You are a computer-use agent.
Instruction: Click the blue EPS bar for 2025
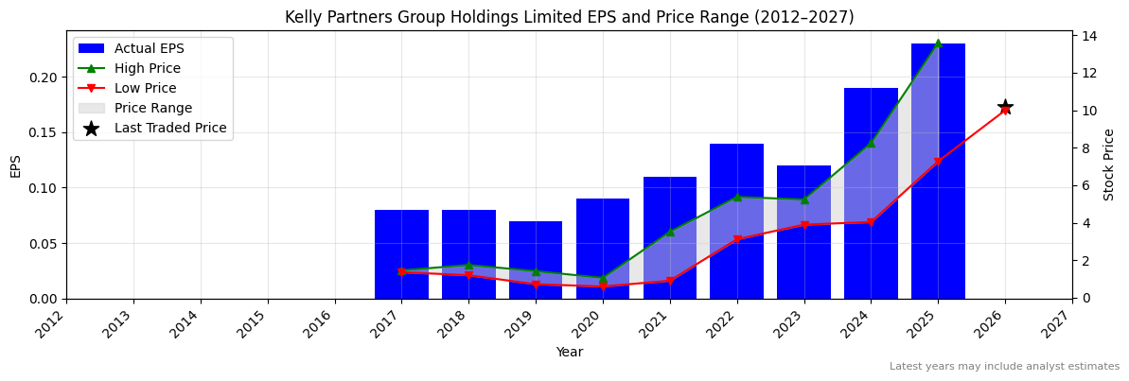(938, 171)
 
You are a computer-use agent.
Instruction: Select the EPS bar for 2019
(536, 260)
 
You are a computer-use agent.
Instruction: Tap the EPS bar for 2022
(736, 221)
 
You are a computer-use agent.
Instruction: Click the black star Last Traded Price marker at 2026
(1005, 107)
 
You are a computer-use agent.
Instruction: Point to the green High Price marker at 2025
(938, 43)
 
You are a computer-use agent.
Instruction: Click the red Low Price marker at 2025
(938, 163)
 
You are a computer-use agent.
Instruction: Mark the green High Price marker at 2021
(670, 232)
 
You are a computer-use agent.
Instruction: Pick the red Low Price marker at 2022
(736, 240)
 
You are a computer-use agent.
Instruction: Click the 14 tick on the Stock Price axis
(1087, 36)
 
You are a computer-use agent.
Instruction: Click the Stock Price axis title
(1109, 165)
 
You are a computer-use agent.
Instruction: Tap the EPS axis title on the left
(15, 165)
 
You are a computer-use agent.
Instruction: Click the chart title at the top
(569, 17)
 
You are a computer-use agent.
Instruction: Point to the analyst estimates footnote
(1004, 367)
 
